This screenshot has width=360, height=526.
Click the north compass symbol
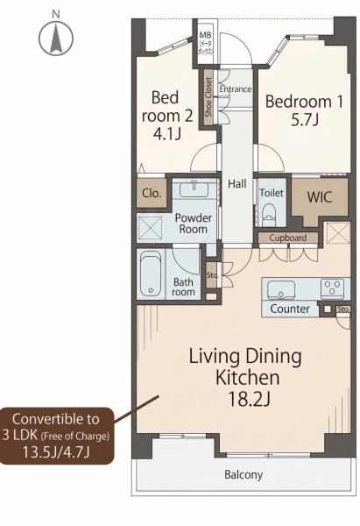click(56, 37)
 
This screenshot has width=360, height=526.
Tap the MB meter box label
click(205, 43)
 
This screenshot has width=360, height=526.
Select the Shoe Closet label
click(208, 97)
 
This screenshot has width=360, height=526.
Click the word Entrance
click(236, 89)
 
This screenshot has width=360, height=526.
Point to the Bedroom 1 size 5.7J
click(304, 120)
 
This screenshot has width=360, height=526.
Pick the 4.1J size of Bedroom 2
click(167, 134)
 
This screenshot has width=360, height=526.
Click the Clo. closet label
click(152, 193)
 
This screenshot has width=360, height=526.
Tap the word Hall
click(237, 184)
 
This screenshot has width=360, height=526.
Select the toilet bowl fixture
click(269, 215)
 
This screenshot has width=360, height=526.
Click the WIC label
click(320, 197)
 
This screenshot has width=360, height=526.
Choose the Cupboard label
click(287, 238)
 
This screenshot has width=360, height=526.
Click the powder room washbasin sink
click(194, 188)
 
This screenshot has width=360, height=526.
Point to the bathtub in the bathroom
click(151, 274)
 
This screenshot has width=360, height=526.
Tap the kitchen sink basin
click(281, 289)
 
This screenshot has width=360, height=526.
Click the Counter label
click(290, 309)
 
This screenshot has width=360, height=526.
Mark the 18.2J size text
click(249, 399)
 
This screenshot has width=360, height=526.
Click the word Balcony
click(244, 474)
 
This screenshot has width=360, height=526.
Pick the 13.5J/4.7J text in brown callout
click(56, 451)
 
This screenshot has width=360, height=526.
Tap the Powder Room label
click(193, 224)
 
